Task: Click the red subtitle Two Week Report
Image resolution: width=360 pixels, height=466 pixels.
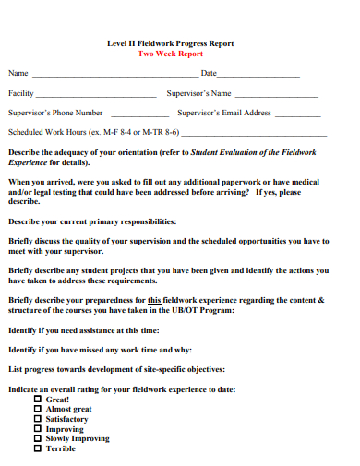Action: (x=170, y=54)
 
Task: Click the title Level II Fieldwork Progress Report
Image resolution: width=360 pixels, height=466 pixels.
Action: (x=170, y=43)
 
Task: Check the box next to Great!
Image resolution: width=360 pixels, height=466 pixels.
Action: (x=38, y=400)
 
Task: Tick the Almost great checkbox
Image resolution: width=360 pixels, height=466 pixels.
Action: (x=38, y=409)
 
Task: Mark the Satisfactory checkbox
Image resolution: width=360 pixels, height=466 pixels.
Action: (x=38, y=419)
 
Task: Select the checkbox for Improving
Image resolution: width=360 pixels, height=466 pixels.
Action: (x=38, y=429)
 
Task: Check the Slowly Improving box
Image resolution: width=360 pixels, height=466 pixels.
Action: (x=38, y=438)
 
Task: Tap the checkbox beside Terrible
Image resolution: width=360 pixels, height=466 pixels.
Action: (x=38, y=448)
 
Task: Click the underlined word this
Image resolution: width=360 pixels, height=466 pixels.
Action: (x=154, y=300)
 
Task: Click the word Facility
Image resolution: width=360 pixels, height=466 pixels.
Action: (x=21, y=93)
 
